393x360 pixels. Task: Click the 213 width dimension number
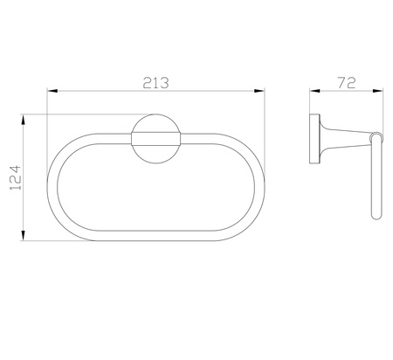(x=155, y=83)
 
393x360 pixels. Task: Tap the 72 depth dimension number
(x=347, y=83)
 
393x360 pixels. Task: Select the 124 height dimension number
(x=16, y=177)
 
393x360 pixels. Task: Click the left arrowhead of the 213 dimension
(x=52, y=91)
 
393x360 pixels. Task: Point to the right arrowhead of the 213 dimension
(x=259, y=91)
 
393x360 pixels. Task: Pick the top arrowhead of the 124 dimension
(x=24, y=120)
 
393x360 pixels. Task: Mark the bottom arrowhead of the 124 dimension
(x=24, y=236)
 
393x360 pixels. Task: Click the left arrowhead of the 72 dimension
(x=314, y=91)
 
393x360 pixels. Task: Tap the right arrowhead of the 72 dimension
(x=378, y=91)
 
